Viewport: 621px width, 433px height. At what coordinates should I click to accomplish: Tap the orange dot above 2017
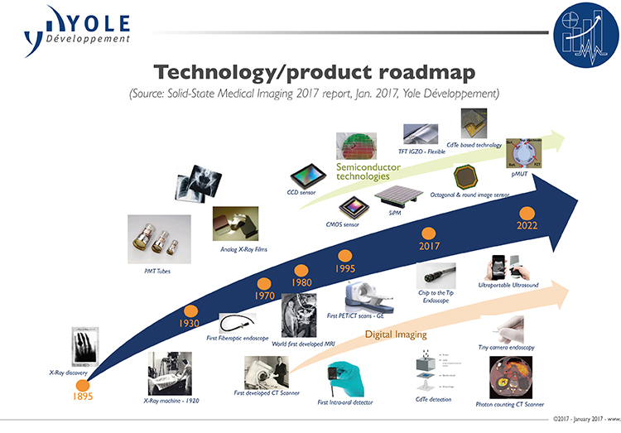point(429,233)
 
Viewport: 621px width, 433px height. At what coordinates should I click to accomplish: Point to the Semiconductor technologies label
point(368,172)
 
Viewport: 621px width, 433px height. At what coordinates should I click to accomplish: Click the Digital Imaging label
point(395,335)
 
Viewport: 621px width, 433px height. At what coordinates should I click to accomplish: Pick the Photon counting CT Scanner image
point(510,380)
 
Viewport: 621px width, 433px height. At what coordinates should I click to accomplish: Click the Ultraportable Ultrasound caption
point(508,284)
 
